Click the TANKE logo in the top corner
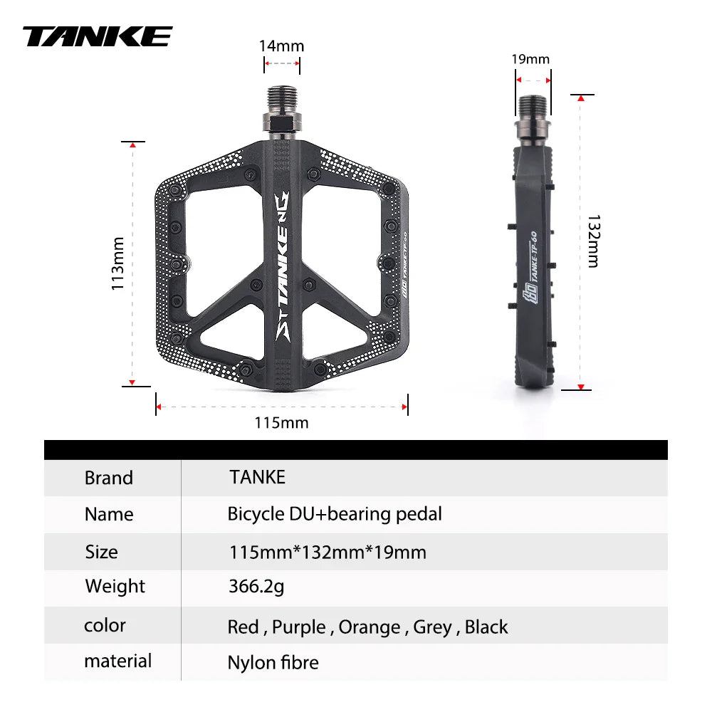click(98, 36)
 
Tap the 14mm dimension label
click(281, 46)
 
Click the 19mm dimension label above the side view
click(530, 59)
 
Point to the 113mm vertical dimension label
click(118, 263)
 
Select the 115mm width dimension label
click(281, 423)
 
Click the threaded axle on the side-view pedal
click(533, 107)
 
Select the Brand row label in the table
click(109, 478)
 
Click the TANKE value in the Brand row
click(257, 477)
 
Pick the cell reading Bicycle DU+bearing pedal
click(335, 514)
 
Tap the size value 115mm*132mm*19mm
click(327, 552)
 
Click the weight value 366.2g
click(256, 587)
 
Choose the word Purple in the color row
click(298, 627)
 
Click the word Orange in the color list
click(369, 627)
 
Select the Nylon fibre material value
click(273, 663)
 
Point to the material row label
click(117, 661)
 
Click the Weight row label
click(115, 587)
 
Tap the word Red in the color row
click(243, 627)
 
